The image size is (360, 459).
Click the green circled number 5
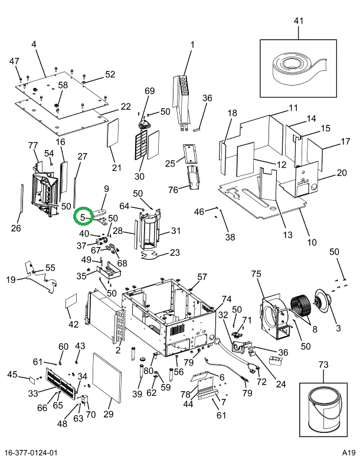pyautogui.click(x=83, y=217)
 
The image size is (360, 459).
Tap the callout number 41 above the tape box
pyautogui.click(x=298, y=21)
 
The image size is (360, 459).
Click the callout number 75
pyautogui.click(x=256, y=274)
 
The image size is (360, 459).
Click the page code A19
pyautogui.click(x=347, y=453)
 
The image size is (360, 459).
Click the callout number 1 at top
pyautogui.click(x=192, y=44)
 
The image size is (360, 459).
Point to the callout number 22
pyautogui.click(x=126, y=106)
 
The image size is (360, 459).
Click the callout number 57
pyautogui.click(x=202, y=277)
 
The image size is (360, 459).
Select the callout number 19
pyautogui.click(x=11, y=279)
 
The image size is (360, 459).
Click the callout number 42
pyautogui.click(x=74, y=324)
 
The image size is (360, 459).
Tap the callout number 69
pyautogui.click(x=149, y=91)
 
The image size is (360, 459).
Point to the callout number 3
pyautogui.click(x=338, y=328)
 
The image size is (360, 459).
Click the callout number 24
pyautogui.click(x=281, y=384)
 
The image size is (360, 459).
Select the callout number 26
pyautogui.click(x=16, y=228)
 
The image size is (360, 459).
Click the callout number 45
pyautogui.click(x=12, y=375)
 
